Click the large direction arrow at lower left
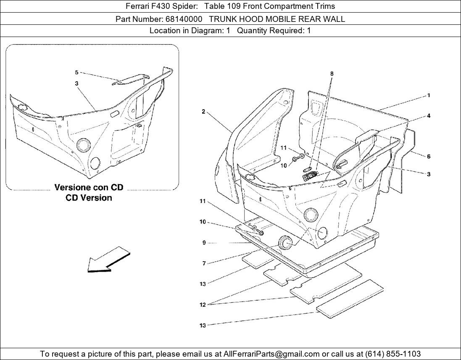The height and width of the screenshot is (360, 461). [x=108, y=259]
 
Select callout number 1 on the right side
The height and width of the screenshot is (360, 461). [x=428, y=95]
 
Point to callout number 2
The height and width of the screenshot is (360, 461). [x=203, y=111]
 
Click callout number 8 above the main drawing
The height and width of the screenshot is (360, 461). [x=332, y=74]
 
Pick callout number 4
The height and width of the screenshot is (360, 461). [x=428, y=116]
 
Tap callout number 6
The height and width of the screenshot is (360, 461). [x=428, y=156]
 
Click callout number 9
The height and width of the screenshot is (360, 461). [x=204, y=243]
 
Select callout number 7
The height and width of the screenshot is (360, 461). [x=204, y=264]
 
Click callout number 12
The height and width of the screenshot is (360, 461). [x=203, y=304]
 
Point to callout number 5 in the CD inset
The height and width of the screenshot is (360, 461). [x=77, y=72]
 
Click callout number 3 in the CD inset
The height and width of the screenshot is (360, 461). [x=77, y=84]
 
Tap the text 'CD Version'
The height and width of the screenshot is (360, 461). [x=89, y=198]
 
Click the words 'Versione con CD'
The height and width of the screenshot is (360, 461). [x=89, y=188]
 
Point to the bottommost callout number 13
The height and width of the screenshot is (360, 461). [x=203, y=326]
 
